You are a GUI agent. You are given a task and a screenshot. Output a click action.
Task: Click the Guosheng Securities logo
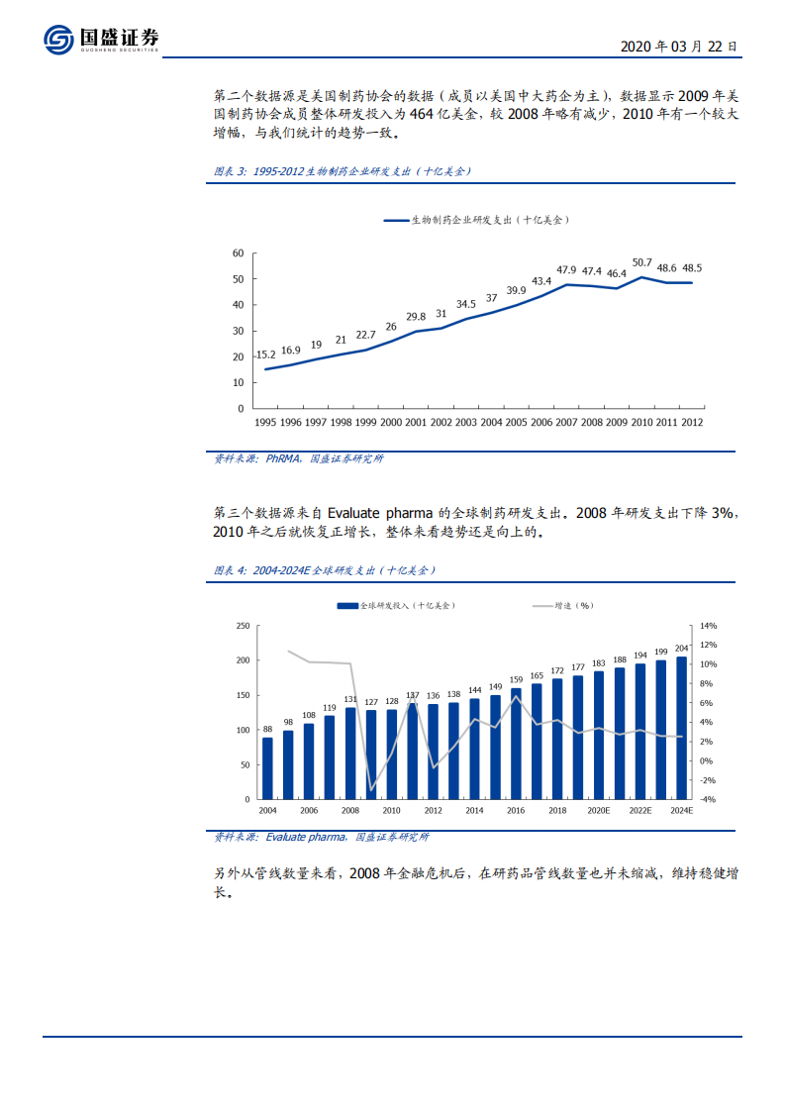pyautogui.click(x=100, y=40)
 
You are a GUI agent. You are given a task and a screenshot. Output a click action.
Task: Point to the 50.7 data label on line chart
pyautogui.click(x=641, y=262)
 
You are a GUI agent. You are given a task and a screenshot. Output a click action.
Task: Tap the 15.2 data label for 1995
pyautogui.click(x=265, y=354)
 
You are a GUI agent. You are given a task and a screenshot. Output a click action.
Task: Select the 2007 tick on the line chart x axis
pyautogui.click(x=566, y=422)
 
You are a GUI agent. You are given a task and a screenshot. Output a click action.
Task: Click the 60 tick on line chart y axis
pyautogui.click(x=238, y=253)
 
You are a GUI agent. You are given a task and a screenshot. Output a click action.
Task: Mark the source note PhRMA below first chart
pyautogui.click(x=298, y=459)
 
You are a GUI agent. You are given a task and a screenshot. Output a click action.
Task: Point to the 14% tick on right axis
pyautogui.click(x=708, y=626)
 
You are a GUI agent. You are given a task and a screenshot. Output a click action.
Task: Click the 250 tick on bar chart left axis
pyautogui.click(x=242, y=626)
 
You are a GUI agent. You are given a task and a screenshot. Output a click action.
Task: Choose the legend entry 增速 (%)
pyautogui.click(x=563, y=605)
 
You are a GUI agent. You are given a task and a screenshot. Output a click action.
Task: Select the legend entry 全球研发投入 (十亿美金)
pyautogui.click(x=396, y=605)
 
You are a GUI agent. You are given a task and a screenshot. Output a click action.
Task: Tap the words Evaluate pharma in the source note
pyautogui.click(x=304, y=838)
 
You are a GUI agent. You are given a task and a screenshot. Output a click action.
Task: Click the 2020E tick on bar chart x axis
pyautogui.click(x=599, y=810)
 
